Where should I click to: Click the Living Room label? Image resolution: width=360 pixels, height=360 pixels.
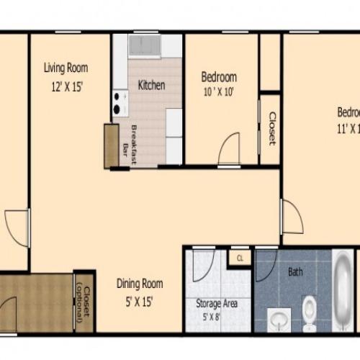[x=66, y=68]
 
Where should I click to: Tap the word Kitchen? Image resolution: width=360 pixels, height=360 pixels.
[x=151, y=85]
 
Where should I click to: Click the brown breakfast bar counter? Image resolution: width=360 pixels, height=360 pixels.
[x=111, y=146]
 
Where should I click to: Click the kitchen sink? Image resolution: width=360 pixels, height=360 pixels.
[x=145, y=47]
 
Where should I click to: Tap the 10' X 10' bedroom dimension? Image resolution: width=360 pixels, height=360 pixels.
[x=218, y=91]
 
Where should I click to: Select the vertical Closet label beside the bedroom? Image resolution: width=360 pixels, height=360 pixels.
[x=271, y=127]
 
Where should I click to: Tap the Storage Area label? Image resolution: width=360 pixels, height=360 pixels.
[x=217, y=303]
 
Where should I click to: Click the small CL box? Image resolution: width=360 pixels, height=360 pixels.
[x=239, y=256]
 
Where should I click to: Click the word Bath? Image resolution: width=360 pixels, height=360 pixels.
[x=295, y=272]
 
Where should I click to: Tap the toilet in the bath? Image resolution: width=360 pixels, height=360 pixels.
[x=310, y=314]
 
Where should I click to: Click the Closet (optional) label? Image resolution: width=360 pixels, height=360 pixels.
[x=84, y=302]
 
